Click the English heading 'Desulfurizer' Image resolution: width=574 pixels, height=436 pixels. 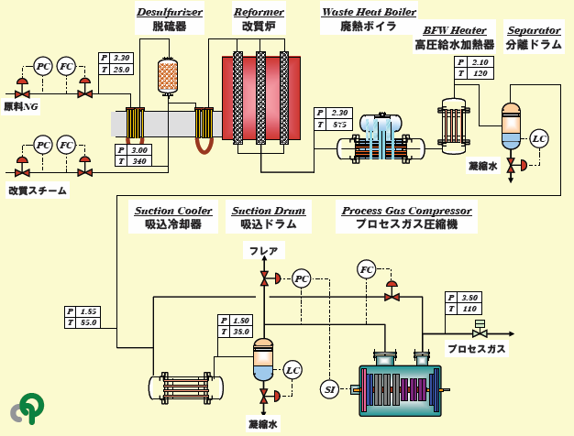[x=169, y=12]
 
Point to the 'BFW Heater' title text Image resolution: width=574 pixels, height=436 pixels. [x=454, y=30]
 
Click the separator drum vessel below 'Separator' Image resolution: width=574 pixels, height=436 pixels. [x=510, y=129]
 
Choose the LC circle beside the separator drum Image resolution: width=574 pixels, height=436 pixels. [x=539, y=138]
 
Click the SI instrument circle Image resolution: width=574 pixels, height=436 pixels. [x=330, y=389]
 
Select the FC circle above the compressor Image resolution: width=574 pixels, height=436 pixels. [x=367, y=269]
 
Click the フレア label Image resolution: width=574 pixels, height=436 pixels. [x=264, y=250]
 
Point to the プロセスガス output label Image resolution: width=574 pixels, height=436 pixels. [x=476, y=349]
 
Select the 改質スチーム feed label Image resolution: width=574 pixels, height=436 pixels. [x=38, y=190]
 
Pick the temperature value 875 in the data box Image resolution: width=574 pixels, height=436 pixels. [x=341, y=124]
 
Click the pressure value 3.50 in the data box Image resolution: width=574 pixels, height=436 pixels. [x=470, y=298]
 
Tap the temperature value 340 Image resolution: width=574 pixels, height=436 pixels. [x=139, y=161]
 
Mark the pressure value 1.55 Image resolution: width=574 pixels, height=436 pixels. [x=89, y=311]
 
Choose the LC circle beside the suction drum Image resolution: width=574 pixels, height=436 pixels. [x=293, y=370]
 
